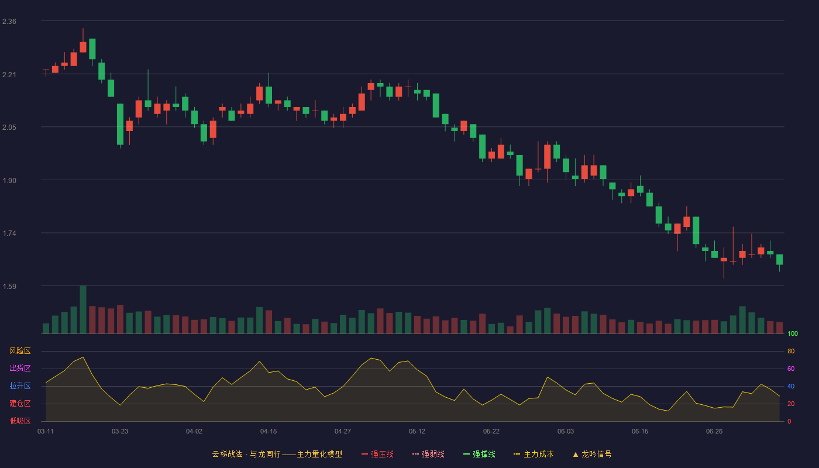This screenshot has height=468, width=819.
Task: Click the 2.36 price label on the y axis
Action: click(x=9, y=22)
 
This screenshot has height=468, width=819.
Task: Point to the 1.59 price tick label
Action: click(x=9, y=286)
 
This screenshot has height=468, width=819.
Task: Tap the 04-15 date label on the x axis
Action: click(x=269, y=432)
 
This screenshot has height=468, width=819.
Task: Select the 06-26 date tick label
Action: click(x=714, y=432)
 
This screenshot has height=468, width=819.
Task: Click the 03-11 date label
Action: click(x=46, y=432)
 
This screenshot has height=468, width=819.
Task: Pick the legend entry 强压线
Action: click(x=377, y=454)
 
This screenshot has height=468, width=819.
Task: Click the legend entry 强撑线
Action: click(x=479, y=454)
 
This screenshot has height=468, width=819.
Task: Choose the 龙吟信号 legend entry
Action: click(x=592, y=454)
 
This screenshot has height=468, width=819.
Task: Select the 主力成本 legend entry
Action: click(x=534, y=454)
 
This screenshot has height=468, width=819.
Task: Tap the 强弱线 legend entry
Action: click(x=428, y=454)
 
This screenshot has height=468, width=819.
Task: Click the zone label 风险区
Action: click(x=20, y=351)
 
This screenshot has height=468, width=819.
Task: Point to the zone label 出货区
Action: click(x=20, y=368)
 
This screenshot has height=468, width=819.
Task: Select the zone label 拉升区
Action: click(x=20, y=386)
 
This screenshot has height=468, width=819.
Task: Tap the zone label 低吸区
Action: click(x=20, y=421)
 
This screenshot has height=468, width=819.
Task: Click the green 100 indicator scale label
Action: click(x=793, y=333)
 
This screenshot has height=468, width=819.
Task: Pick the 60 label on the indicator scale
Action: click(x=791, y=369)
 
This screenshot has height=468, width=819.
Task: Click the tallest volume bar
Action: click(x=83, y=309)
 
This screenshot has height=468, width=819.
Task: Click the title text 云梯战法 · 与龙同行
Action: click(x=246, y=454)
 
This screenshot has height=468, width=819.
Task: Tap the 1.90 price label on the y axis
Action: click(x=9, y=181)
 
